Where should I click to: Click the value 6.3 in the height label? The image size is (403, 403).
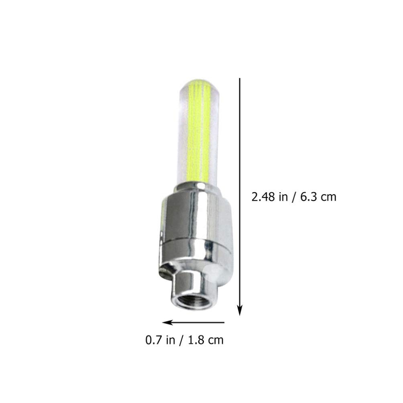pos(305,197)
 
